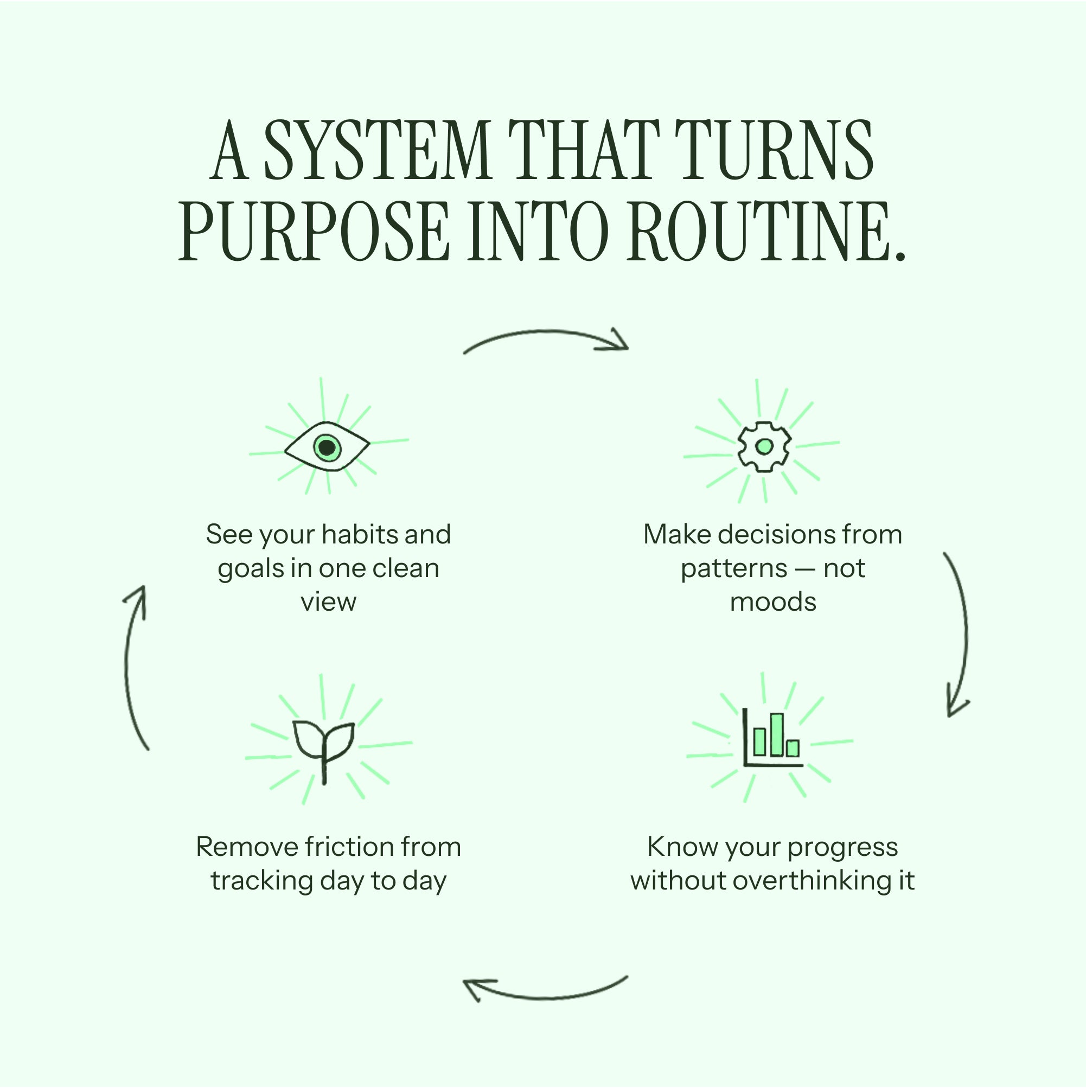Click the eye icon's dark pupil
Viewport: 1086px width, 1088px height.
click(327, 447)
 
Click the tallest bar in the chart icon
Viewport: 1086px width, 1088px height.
click(777, 734)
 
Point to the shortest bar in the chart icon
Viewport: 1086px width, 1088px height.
click(793, 748)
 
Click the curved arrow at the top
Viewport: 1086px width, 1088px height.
click(545, 336)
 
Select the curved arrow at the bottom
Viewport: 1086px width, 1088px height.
click(545, 995)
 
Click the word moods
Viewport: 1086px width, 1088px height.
click(772, 602)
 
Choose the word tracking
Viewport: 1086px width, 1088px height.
click(262, 881)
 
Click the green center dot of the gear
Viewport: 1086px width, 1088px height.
click(764, 446)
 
